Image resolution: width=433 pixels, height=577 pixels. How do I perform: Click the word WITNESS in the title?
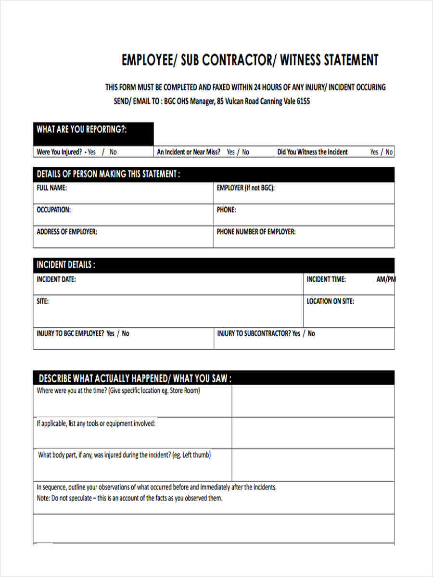[299, 60]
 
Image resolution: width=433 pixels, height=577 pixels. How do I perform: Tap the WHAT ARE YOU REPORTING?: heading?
[82, 129]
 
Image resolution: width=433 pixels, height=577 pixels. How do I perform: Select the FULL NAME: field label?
[51, 188]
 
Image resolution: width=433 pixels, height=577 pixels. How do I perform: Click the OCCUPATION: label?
[53, 210]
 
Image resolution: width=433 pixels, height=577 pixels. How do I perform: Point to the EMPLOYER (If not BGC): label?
[245, 188]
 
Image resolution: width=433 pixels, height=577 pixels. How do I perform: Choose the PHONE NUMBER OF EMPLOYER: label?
[256, 232]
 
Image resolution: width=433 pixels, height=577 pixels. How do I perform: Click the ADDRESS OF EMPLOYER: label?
[67, 232]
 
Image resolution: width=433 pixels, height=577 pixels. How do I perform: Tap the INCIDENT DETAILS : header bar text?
[66, 265]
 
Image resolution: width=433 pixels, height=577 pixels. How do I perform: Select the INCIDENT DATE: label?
[56, 279]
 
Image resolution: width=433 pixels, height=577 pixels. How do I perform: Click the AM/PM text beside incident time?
[385, 279]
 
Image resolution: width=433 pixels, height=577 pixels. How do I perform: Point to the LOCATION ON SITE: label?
[331, 301]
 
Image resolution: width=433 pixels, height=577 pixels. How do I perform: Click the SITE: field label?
[43, 301]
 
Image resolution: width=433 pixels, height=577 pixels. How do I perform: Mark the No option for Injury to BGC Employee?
[126, 333]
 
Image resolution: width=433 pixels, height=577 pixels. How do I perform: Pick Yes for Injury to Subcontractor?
[296, 333]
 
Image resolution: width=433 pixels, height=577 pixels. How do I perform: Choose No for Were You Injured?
[113, 152]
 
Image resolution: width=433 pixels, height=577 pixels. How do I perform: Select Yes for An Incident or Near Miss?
[230, 152]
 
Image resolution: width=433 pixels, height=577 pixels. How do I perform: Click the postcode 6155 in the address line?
[304, 101]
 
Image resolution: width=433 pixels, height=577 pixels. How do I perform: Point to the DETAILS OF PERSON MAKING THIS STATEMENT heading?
[108, 174]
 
